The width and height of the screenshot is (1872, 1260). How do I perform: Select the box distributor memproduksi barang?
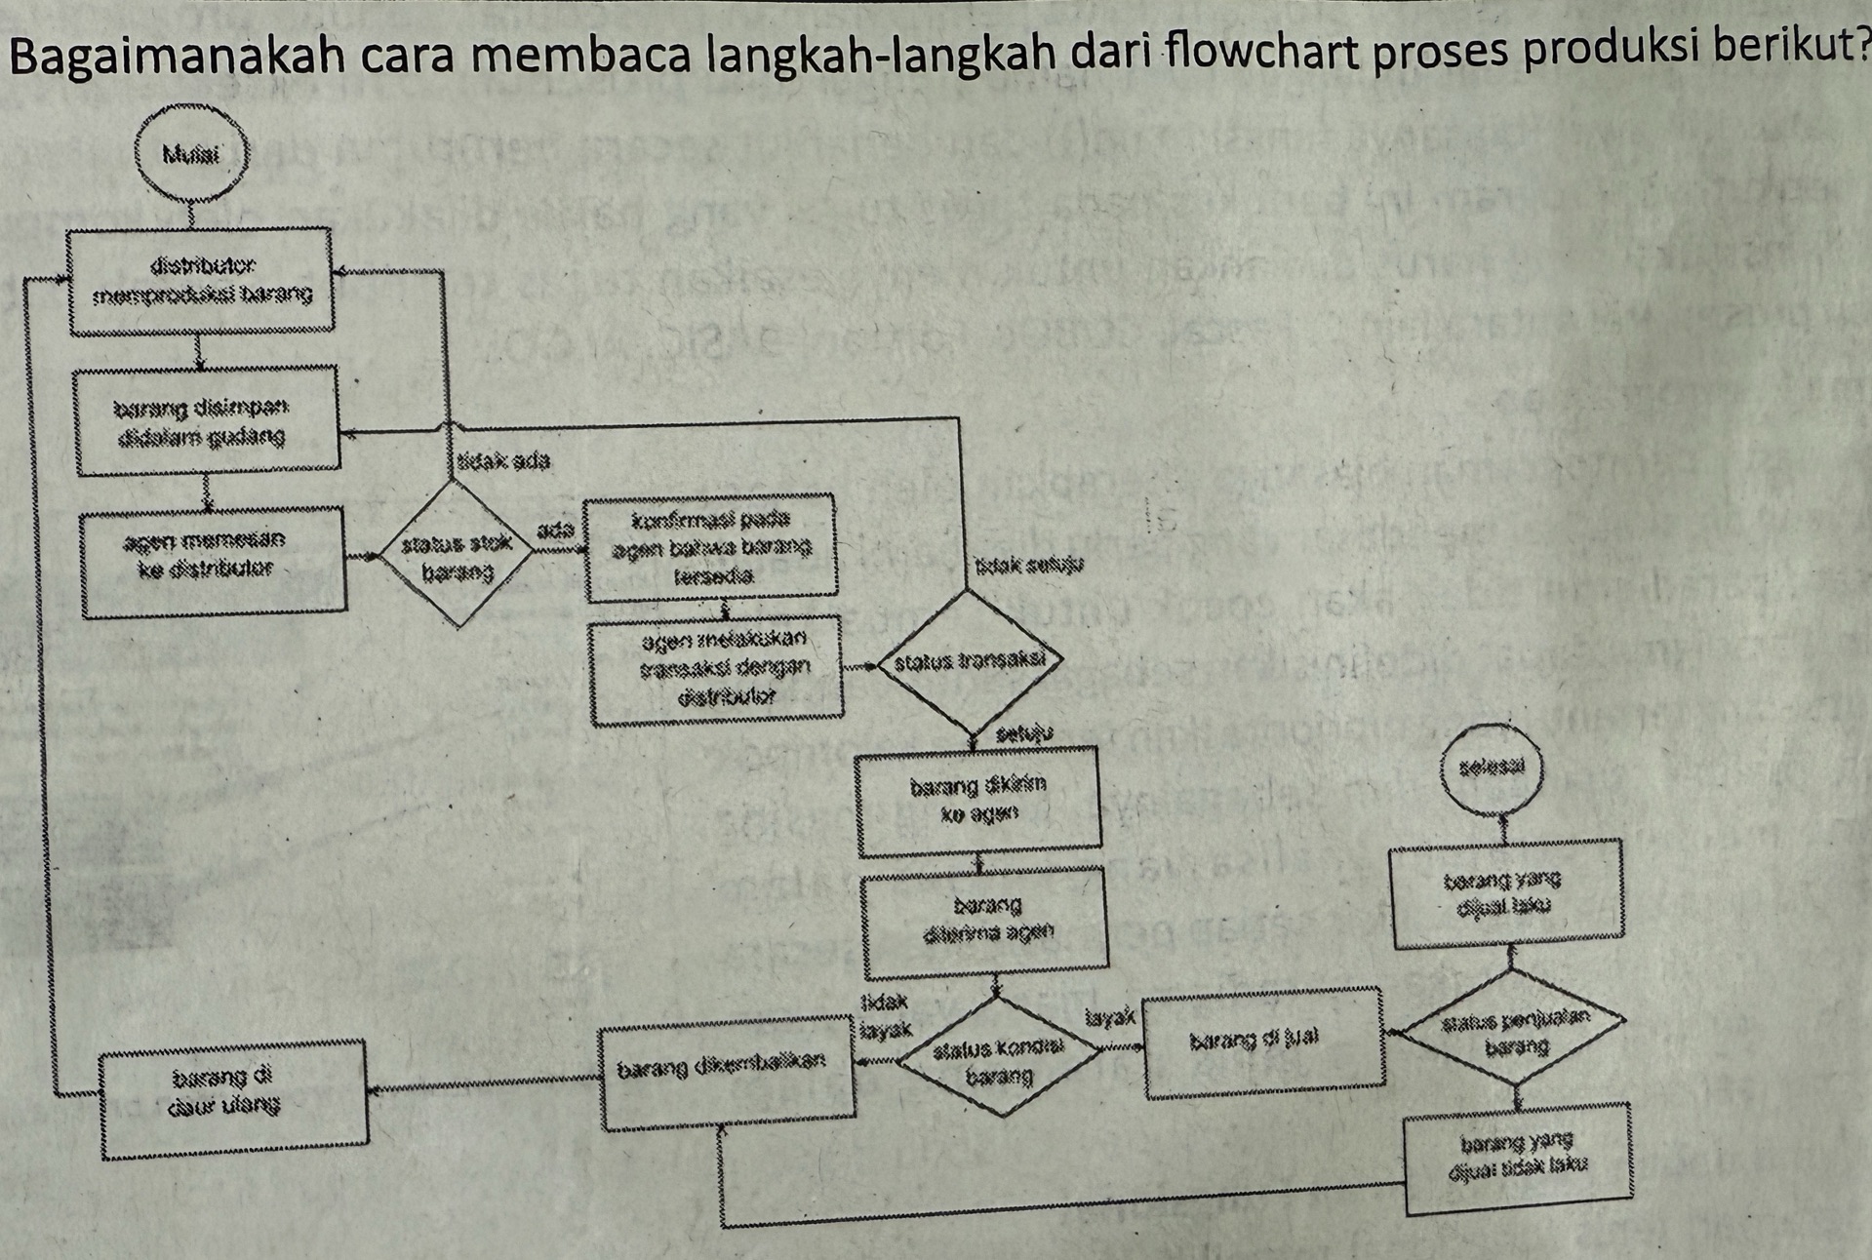pos(202,281)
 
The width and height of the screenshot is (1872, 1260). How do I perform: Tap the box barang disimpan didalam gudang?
pos(207,421)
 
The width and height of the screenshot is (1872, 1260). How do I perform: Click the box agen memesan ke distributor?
pos(213,561)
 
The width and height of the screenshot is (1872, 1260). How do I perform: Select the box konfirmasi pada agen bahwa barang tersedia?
pos(711,547)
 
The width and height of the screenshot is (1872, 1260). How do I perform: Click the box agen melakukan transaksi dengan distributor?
pos(717,669)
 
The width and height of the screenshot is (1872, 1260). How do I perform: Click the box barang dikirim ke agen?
pos(978,801)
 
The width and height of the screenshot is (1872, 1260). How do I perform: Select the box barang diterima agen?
pos(986,922)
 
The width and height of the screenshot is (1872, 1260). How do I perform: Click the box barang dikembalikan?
pos(728,1071)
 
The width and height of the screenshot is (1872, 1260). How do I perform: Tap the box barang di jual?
pos(1263,1042)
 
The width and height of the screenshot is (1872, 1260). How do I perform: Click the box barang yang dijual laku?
pos(1507,893)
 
